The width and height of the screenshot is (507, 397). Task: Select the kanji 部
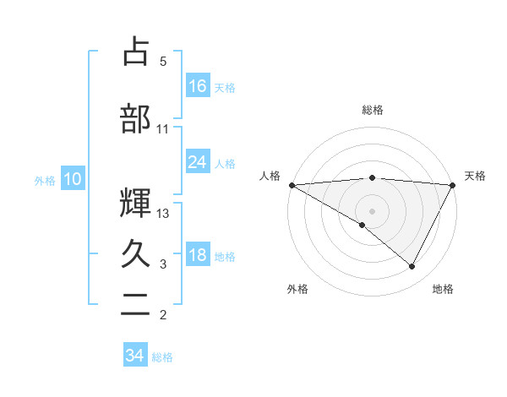136,118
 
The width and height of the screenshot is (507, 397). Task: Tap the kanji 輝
136,203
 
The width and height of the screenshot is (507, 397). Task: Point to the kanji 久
136,253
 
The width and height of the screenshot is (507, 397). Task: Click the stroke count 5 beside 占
163,62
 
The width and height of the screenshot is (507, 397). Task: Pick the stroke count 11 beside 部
163,129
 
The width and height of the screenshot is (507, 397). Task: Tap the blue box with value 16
198,85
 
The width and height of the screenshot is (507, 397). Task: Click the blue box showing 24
198,162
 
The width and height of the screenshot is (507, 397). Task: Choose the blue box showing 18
198,255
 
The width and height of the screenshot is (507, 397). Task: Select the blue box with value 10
72,179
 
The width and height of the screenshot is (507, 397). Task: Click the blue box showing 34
134,356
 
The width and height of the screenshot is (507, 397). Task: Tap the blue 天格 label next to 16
225,87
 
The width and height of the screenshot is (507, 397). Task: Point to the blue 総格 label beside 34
162,357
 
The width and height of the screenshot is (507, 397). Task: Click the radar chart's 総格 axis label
372,110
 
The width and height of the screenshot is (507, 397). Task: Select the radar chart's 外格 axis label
297,289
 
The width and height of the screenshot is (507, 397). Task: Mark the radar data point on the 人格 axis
292,185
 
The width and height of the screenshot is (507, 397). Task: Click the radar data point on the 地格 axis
412,266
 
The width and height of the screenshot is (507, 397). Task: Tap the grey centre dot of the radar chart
372,209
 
